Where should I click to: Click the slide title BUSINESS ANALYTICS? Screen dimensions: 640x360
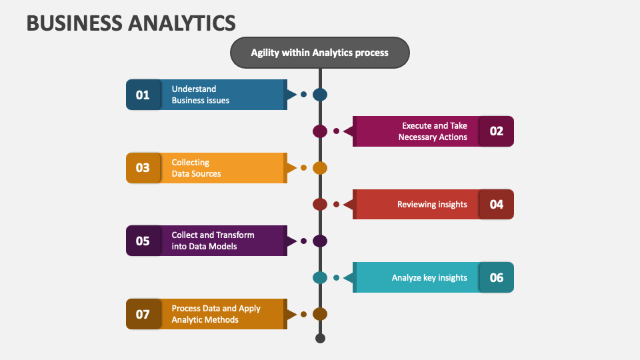pyautogui.click(x=131, y=23)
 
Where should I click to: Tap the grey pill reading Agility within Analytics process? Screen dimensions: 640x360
pyautogui.click(x=319, y=53)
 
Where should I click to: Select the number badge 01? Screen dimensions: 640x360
pyautogui.click(x=143, y=95)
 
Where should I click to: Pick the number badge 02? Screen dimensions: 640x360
pyautogui.click(x=496, y=131)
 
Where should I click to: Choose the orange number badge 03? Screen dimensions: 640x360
pyautogui.click(x=143, y=168)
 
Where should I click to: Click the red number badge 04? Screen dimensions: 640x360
pyautogui.click(x=496, y=204)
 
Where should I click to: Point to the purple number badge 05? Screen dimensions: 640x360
pyautogui.click(x=143, y=241)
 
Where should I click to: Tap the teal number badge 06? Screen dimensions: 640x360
pyautogui.click(x=496, y=277)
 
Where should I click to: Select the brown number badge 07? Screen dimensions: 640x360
pyautogui.click(x=143, y=314)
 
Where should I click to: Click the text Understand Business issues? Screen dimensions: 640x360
pyautogui.click(x=201, y=95)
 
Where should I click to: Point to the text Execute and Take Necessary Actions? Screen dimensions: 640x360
pyautogui.click(x=433, y=131)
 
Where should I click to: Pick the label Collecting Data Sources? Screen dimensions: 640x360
pyautogui.click(x=196, y=168)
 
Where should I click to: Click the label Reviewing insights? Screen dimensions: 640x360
pyautogui.click(x=432, y=205)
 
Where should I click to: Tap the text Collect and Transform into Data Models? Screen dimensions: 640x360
pyautogui.click(x=213, y=241)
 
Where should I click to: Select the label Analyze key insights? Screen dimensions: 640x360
pyautogui.click(x=429, y=277)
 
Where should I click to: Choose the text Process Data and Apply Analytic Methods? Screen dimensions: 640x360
pyautogui.click(x=216, y=314)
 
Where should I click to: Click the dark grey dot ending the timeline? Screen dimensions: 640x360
pyautogui.click(x=321, y=339)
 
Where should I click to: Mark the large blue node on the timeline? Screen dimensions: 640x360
pyautogui.click(x=320, y=95)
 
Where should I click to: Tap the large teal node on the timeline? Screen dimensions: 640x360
pyautogui.click(x=320, y=277)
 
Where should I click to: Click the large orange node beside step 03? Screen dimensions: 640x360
pyautogui.click(x=320, y=168)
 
